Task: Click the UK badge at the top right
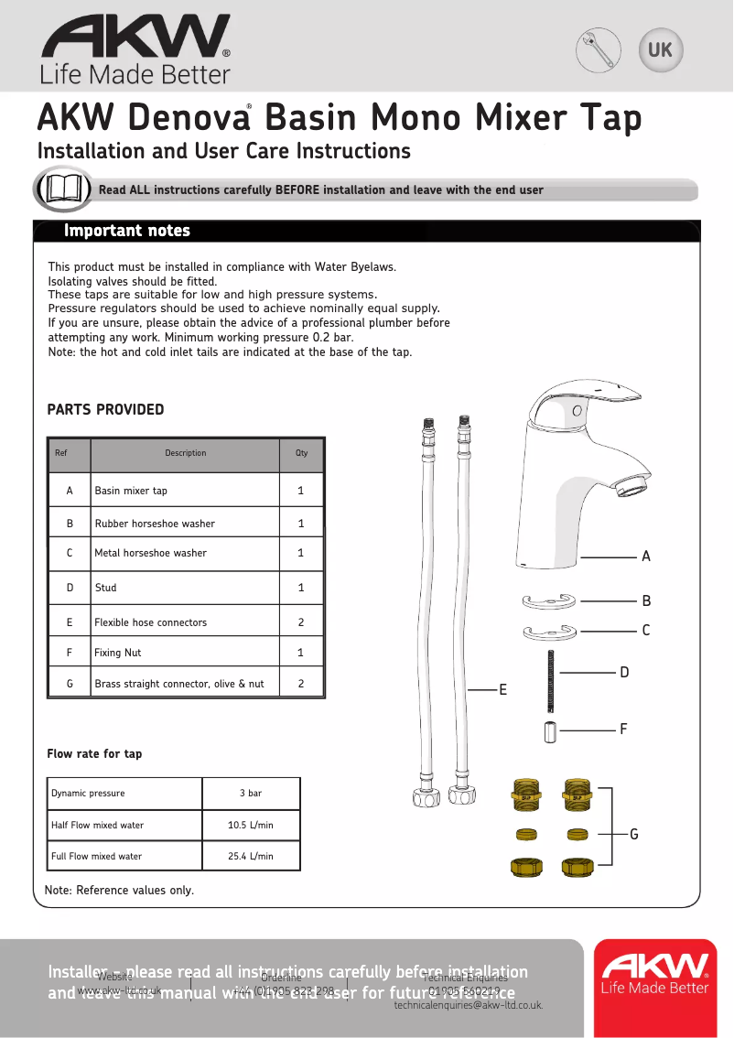(660, 49)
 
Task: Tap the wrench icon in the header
(599, 49)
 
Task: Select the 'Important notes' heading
(127, 231)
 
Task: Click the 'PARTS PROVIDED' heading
(105, 410)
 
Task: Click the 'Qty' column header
(301, 453)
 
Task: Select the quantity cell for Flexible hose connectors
(301, 622)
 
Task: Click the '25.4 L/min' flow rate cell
(251, 856)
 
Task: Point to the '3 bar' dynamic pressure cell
(251, 793)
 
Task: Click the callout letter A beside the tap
(646, 557)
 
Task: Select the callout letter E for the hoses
(502, 689)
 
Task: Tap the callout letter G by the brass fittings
(633, 834)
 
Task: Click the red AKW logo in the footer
(654, 974)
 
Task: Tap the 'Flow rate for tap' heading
(94, 754)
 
